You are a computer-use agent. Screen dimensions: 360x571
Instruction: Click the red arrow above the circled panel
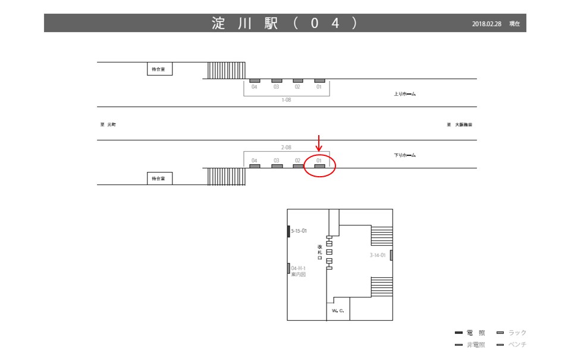(x=319, y=143)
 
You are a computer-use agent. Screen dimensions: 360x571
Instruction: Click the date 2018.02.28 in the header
(x=488, y=24)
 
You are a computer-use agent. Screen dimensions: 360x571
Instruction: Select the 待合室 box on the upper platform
(x=159, y=69)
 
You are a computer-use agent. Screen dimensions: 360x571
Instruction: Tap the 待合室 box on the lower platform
(x=159, y=178)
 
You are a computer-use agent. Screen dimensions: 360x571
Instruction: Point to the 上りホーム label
(x=404, y=94)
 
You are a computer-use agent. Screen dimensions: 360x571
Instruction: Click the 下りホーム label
(x=404, y=155)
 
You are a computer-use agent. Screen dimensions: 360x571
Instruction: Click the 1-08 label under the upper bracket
(x=287, y=100)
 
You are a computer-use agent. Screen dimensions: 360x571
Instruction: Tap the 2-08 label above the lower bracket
(x=287, y=146)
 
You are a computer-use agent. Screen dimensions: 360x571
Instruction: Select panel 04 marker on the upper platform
(x=255, y=80)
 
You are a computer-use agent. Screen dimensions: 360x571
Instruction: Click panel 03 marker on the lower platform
(x=277, y=167)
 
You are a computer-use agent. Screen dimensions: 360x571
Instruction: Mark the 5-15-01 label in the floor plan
(x=299, y=230)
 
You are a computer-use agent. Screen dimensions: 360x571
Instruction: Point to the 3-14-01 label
(x=378, y=255)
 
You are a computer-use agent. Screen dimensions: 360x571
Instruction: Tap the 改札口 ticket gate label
(x=320, y=252)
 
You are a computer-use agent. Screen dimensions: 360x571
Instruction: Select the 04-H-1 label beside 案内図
(x=298, y=268)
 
